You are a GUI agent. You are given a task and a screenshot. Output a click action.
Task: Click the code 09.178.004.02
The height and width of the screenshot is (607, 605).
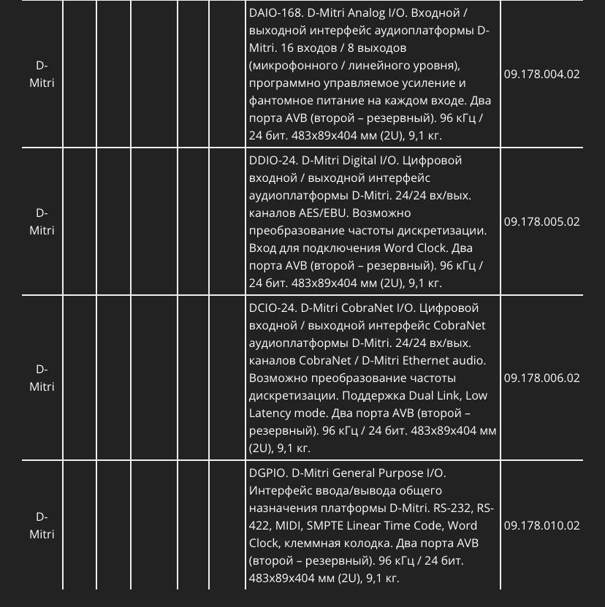click(x=541, y=74)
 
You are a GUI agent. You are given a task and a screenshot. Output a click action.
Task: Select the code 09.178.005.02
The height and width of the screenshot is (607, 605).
click(x=541, y=221)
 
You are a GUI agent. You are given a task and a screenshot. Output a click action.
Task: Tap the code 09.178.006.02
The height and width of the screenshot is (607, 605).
click(x=541, y=378)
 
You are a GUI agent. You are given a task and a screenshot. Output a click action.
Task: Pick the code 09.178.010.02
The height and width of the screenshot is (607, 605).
click(x=541, y=525)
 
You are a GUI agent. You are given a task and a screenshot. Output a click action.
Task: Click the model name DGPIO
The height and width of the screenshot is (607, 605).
click(x=267, y=473)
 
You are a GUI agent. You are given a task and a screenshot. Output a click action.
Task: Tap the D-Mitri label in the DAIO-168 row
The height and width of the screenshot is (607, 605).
click(x=42, y=74)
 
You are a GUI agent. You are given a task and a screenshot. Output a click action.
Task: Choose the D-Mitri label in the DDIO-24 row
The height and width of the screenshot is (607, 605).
click(x=42, y=221)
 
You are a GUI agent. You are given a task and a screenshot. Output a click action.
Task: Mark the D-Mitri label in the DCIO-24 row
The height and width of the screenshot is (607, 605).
click(x=42, y=378)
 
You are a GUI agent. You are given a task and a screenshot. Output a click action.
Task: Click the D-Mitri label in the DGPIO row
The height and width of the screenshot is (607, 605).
click(x=42, y=525)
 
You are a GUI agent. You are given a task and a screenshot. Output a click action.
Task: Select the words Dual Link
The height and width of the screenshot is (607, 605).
click(x=438, y=395)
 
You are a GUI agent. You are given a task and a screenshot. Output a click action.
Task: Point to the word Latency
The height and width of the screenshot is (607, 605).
click(x=271, y=413)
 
